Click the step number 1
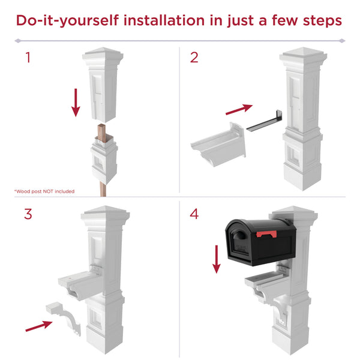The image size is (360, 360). click(x=28, y=58)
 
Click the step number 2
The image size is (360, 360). click(x=194, y=58)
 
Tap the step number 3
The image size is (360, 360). click(x=28, y=214)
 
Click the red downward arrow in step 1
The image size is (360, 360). click(x=76, y=102)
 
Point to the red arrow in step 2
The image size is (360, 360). click(x=239, y=109)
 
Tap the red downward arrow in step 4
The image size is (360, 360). click(x=215, y=259)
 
